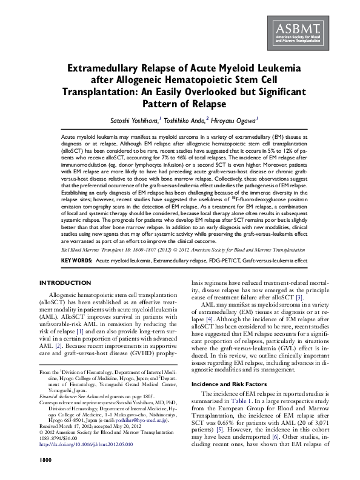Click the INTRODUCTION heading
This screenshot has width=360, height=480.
(x=65, y=283)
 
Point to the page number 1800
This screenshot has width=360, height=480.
(x=47, y=461)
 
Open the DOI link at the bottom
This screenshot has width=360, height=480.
(x=86, y=445)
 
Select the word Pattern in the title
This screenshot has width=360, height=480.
(x=159, y=103)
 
